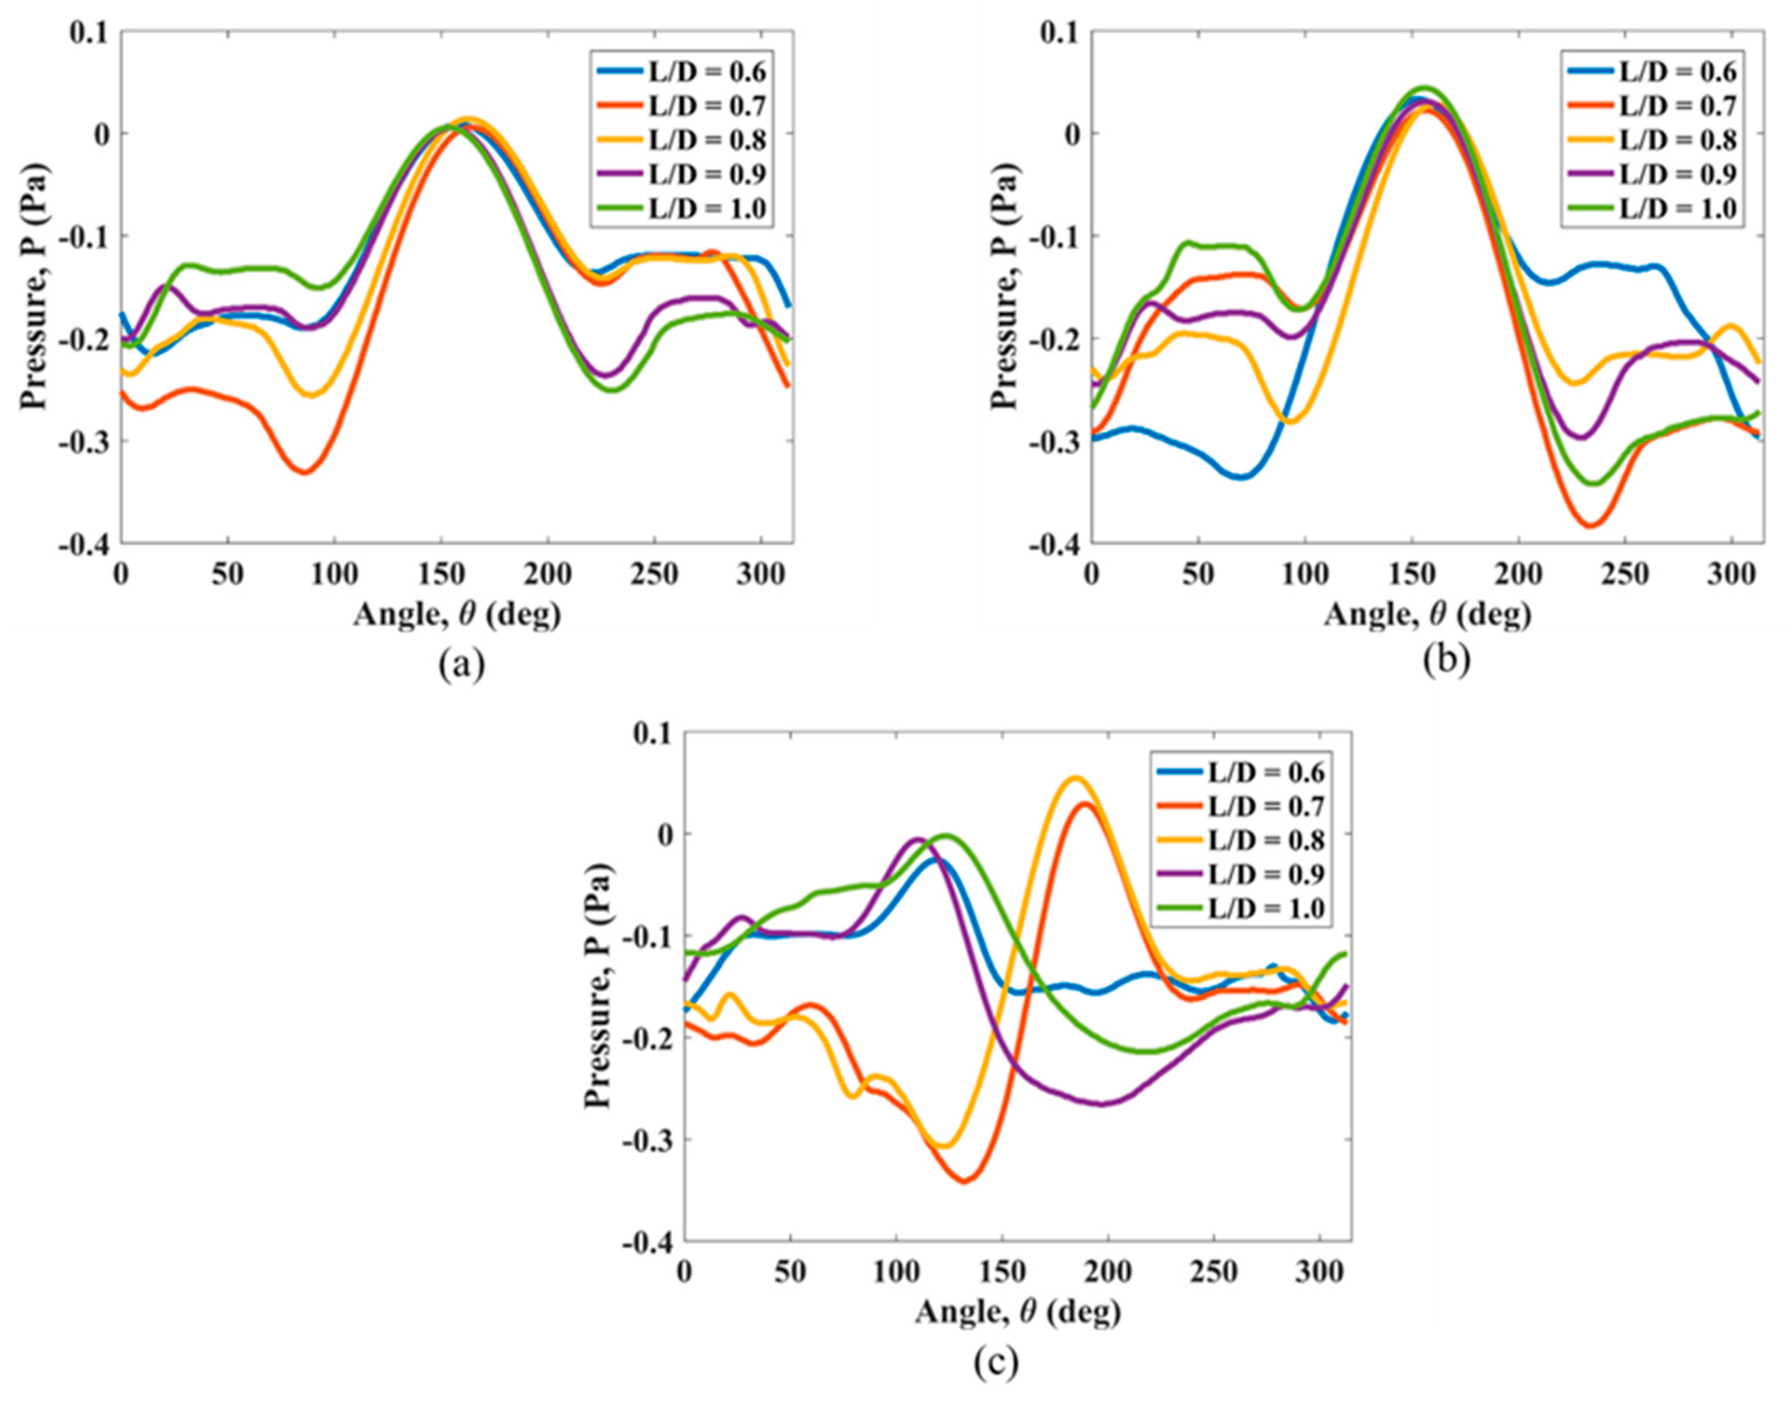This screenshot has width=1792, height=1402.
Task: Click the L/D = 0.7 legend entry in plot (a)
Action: click(681, 106)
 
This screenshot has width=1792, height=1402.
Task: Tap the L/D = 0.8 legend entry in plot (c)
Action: click(1244, 840)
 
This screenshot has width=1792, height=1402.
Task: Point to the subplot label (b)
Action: click(1446, 663)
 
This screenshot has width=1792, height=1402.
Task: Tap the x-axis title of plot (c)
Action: click(1017, 1312)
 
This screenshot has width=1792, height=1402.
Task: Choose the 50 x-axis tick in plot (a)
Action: click(228, 574)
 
